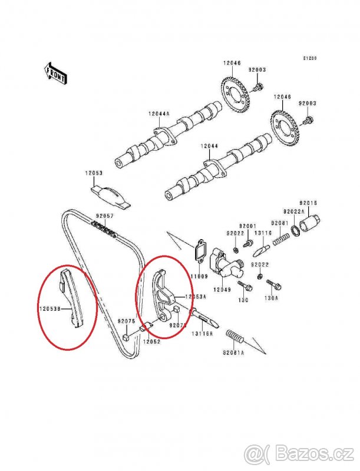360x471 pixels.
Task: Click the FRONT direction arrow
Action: tap(55, 73)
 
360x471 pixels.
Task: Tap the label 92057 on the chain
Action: tap(104, 216)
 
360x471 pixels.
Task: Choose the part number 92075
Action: tap(126, 321)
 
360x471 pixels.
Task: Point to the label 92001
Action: tap(247, 226)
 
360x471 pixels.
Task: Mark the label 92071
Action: tap(178, 324)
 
